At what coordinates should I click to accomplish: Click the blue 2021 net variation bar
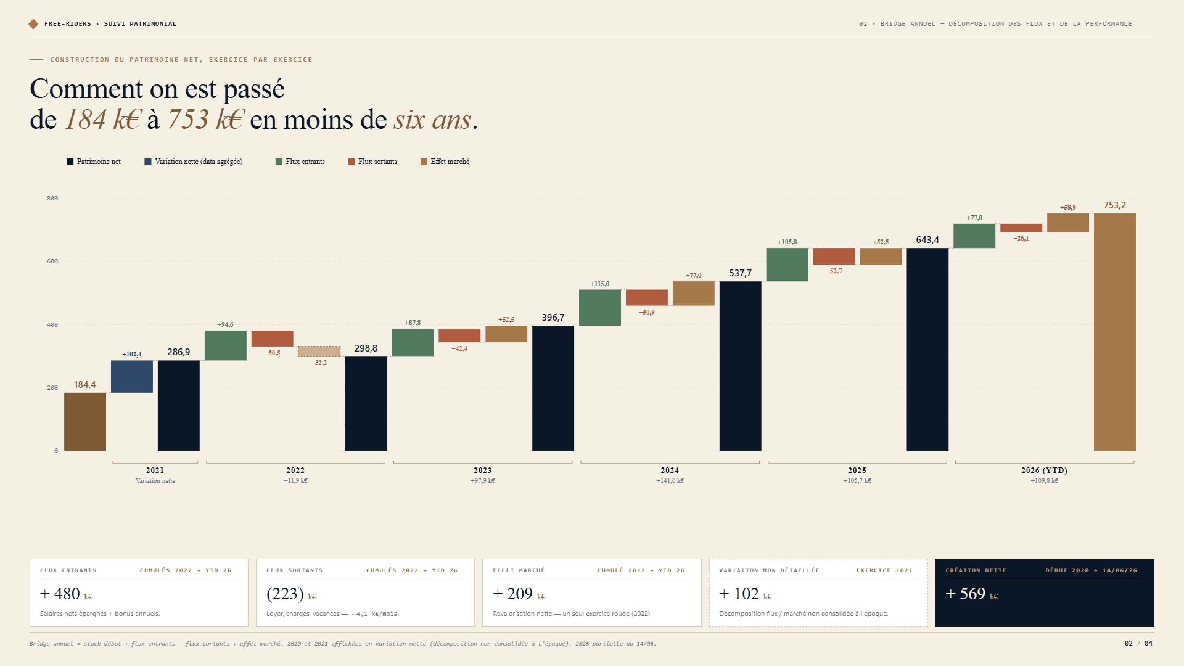132,377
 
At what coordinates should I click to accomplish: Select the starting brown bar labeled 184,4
85,422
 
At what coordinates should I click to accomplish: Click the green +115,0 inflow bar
600,308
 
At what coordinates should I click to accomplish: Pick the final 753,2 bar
1115,332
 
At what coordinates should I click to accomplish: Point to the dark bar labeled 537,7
740,366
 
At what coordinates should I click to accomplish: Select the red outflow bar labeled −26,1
1021,228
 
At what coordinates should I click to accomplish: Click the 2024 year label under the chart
670,470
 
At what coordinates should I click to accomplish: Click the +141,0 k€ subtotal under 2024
670,481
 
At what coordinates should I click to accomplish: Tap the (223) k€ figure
291,594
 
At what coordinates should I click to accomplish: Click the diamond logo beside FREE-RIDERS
33,24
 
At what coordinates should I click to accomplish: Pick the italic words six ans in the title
432,120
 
